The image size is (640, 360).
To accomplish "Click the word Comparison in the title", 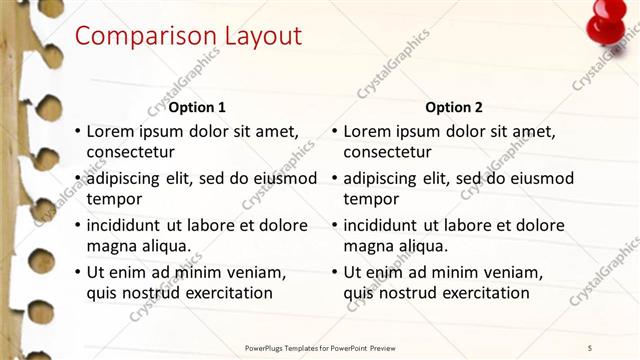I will click(x=138, y=36).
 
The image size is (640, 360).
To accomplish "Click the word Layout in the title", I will click(x=253, y=36).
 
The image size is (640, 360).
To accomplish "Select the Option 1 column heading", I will click(x=197, y=107).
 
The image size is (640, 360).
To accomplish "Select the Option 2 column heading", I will click(x=453, y=107).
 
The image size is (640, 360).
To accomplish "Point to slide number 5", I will click(x=604, y=347).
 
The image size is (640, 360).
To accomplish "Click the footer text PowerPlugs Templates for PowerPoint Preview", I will click(x=328, y=347).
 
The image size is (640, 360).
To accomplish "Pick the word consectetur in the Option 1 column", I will click(x=131, y=152).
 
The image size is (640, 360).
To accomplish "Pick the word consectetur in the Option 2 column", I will click(x=388, y=152).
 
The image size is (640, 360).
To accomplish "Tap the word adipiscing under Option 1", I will click(x=127, y=178).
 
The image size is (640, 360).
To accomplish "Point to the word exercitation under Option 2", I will click(x=483, y=293).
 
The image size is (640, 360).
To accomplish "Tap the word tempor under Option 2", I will click(x=371, y=199).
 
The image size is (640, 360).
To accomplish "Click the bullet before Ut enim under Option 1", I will click(x=78, y=272).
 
